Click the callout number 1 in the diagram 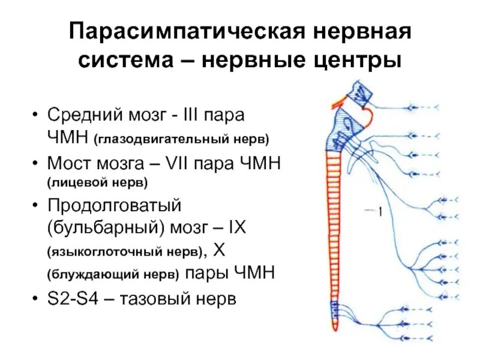(380, 211)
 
